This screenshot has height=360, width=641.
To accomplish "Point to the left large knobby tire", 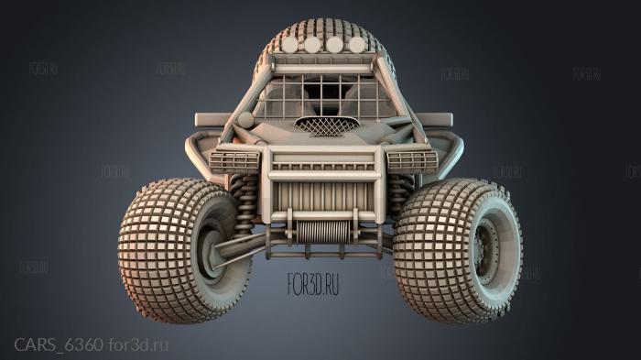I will click(174, 249).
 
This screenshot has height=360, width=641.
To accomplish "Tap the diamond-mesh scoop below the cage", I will click(326, 125).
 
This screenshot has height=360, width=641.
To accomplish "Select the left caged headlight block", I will click(234, 162).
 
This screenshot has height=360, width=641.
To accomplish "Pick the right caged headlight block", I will click(412, 161).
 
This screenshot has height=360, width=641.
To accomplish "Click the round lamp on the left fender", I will click(245, 120).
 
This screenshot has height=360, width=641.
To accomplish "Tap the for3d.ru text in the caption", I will click(138, 344).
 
